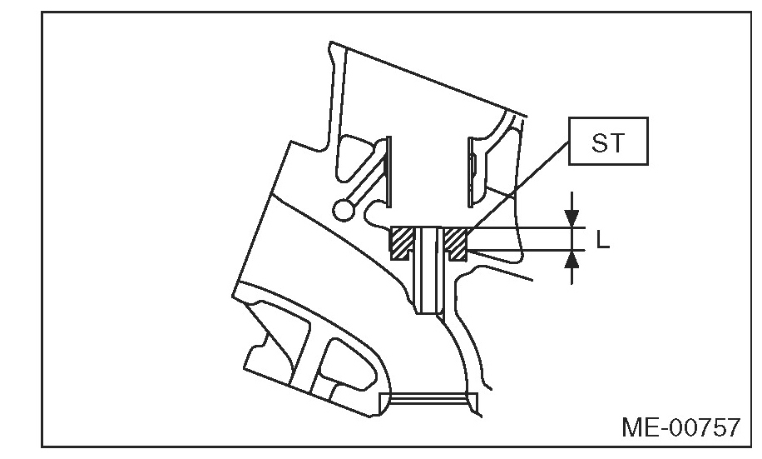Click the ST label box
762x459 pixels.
click(x=608, y=141)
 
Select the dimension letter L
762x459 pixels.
click(x=602, y=239)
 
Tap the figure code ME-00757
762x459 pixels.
click(x=680, y=428)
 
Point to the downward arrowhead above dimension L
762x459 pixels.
click(x=572, y=218)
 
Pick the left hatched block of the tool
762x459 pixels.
click(x=402, y=243)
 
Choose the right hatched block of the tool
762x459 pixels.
click(x=455, y=243)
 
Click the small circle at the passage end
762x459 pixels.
click(x=344, y=210)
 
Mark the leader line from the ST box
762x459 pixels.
click(x=518, y=184)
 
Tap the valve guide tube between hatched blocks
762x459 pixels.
click(x=428, y=270)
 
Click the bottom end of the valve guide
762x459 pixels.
click(x=428, y=313)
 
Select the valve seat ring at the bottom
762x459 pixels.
click(x=428, y=399)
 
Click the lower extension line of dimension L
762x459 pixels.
click(x=527, y=250)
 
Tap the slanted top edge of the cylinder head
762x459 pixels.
click(x=428, y=79)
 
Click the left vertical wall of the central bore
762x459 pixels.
click(x=388, y=172)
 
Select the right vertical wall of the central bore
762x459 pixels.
click(x=470, y=172)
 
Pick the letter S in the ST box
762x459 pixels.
click(x=599, y=142)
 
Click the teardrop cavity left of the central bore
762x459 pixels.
click(x=354, y=161)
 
